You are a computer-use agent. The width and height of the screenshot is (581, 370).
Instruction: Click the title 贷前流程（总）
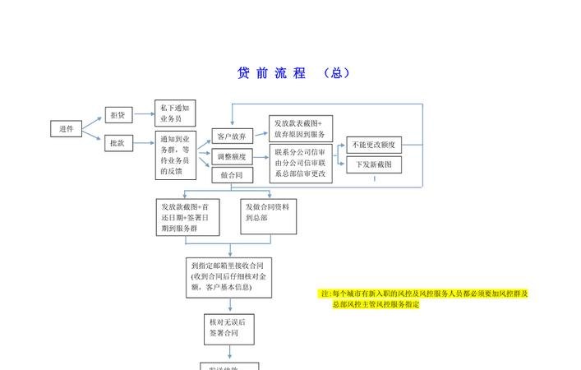point(293,73)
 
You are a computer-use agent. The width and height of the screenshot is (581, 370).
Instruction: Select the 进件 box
point(67,129)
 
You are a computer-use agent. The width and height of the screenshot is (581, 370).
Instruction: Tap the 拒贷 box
point(118,115)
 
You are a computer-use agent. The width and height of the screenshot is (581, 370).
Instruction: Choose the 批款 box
point(118,143)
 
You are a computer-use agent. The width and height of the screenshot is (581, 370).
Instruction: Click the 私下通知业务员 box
point(175,113)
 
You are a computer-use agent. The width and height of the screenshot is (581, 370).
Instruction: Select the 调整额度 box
point(233,155)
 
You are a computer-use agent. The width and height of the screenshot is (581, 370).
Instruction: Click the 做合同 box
point(233,175)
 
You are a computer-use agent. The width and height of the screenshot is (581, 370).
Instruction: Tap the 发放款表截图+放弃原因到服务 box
point(301,128)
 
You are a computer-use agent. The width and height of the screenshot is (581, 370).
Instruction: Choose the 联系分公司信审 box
point(301,163)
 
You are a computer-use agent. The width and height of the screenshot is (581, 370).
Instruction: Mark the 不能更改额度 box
point(375,145)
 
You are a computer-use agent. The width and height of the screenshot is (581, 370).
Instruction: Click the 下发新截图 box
point(375,164)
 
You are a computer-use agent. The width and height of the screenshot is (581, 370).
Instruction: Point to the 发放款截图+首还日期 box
point(191,217)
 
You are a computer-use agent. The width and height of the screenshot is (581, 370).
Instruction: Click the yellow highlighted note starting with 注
point(423,298)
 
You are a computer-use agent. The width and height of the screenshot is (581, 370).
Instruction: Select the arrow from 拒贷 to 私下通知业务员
point(144,115)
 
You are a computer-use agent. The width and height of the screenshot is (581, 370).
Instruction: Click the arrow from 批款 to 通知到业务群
point(144,143)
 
